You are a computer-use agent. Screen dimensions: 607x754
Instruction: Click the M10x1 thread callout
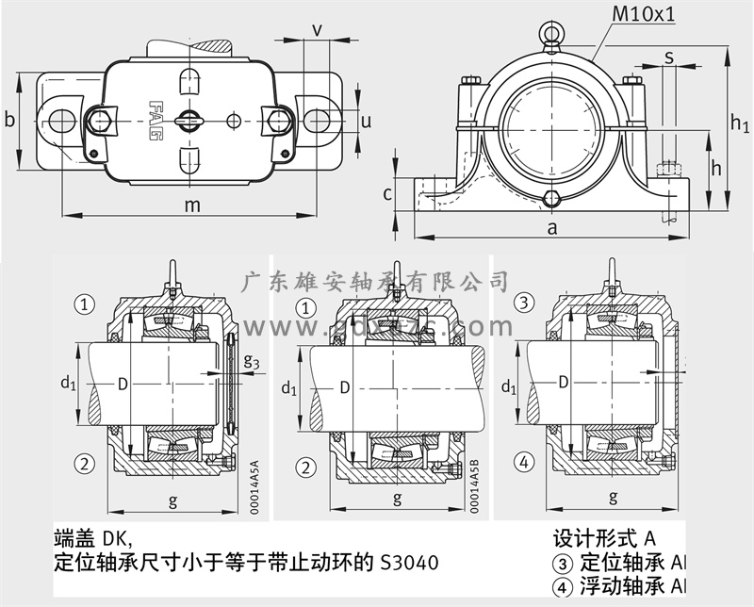[x=647, y=14]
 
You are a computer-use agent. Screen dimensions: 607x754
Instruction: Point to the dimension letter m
[x=192, y=205]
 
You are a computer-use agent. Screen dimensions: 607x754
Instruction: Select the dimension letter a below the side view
[x=553, y=226]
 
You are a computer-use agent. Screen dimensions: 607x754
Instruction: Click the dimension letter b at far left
[x=9, y=120]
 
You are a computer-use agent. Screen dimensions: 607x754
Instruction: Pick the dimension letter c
[x=387, y=194]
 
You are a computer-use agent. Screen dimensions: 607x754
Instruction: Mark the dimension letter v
[x=317, y=29]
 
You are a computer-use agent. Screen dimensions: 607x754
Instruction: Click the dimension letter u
[x=367, y=121]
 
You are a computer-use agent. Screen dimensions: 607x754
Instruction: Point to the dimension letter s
[x=668, y=57]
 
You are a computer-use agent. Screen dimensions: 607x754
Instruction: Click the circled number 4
[x=563, y=585]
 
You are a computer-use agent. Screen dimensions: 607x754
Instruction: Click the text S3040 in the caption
[x=408, y=563]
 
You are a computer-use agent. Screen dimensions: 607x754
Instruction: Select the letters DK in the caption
[x=114, y=539]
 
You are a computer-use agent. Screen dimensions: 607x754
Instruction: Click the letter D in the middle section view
[x=344, y=387]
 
